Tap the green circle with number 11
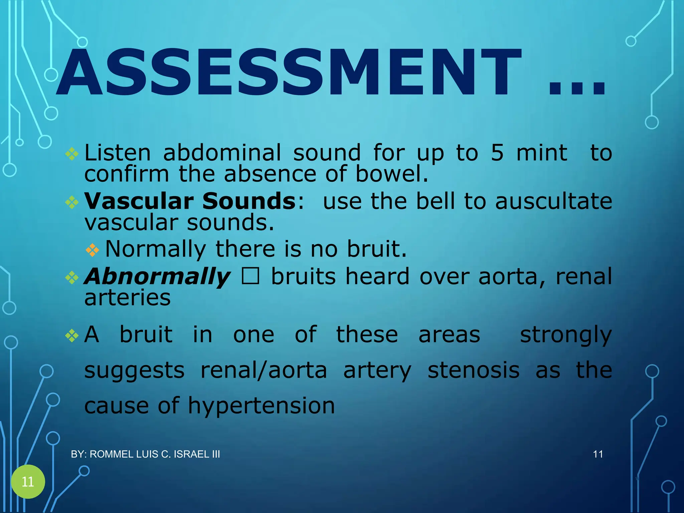(28, 482)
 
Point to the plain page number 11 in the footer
(598, 454)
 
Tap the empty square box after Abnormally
(250, 276)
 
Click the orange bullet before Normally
(92, 249)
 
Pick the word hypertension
(261, 406)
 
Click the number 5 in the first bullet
(497, 153)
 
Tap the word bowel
(391, 174)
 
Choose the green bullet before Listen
(72, 154)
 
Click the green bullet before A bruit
(72, 336)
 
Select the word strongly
(566, 335)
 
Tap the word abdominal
(222, 153)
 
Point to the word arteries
(127, 298)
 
